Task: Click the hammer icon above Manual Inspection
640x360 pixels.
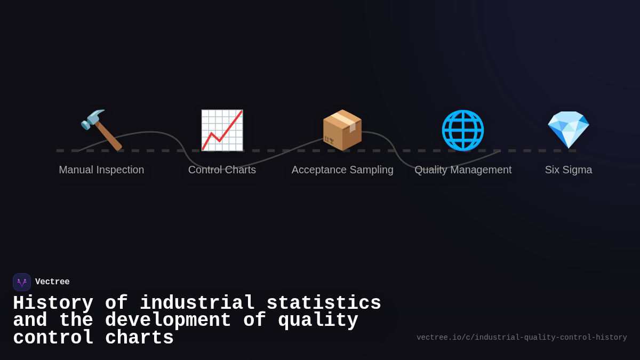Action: point(101,130)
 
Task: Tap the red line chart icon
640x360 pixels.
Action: point(222,130)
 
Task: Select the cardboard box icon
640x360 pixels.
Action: point(342,130)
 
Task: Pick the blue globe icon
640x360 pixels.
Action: point(463,130)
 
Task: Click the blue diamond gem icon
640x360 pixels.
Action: point(569,130)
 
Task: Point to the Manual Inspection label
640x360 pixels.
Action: point(101,170)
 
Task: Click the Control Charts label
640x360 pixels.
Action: point(222,170)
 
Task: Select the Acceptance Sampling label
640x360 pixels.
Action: point(342,170)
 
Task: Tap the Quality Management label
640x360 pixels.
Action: point(463,170)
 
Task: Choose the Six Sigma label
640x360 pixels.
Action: point(569,170)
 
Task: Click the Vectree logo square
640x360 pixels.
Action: point(22,282)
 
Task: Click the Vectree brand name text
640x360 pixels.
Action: point(52,282)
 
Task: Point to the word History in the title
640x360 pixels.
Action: point(53,303)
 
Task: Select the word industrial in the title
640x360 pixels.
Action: point(197,303)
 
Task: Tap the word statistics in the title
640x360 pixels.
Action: point(324,303)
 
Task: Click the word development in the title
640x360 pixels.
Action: point(168,321)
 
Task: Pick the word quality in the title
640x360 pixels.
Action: point(318,321)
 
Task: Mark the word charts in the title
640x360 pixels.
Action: point(139,338)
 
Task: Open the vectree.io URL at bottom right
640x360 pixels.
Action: point(522,338)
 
